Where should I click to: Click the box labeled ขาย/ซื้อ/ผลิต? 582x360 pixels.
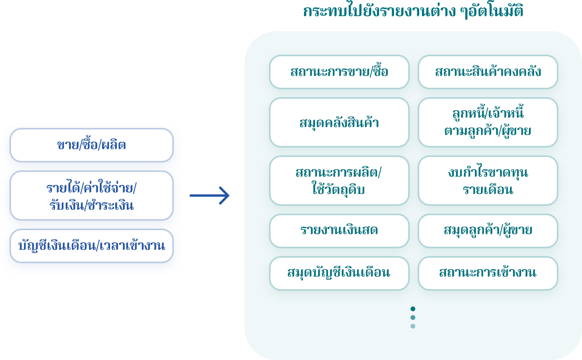(91, 145)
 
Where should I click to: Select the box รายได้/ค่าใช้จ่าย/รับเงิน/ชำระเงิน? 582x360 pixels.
(91, 196)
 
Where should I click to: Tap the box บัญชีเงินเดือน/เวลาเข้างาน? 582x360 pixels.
(91, 246)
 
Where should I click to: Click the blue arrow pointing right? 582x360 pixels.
(210, 196)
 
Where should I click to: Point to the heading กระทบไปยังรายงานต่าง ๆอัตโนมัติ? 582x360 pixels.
(413, 11)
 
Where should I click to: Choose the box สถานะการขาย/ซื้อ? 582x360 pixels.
(339, 72)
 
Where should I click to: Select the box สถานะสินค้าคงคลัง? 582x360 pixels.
(488, 72)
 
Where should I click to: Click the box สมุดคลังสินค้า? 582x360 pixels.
(339, 122)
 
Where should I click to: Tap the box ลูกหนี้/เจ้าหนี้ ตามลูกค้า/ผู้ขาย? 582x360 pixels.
(488, 122)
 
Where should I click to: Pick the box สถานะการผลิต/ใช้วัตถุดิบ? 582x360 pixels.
(339, 181)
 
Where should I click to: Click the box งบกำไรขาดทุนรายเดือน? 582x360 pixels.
(488, 181)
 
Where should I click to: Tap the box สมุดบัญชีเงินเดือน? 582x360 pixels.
(339, 273)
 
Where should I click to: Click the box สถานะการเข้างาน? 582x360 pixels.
(488, 273)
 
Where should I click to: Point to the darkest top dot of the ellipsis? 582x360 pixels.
(413, 309)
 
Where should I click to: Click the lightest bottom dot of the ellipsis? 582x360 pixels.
(413, 326)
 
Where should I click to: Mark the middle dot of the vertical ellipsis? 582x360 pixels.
(413, 318)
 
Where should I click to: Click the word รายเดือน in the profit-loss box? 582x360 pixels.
(488, 190)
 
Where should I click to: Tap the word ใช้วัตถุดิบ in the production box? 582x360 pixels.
(339, 190)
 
